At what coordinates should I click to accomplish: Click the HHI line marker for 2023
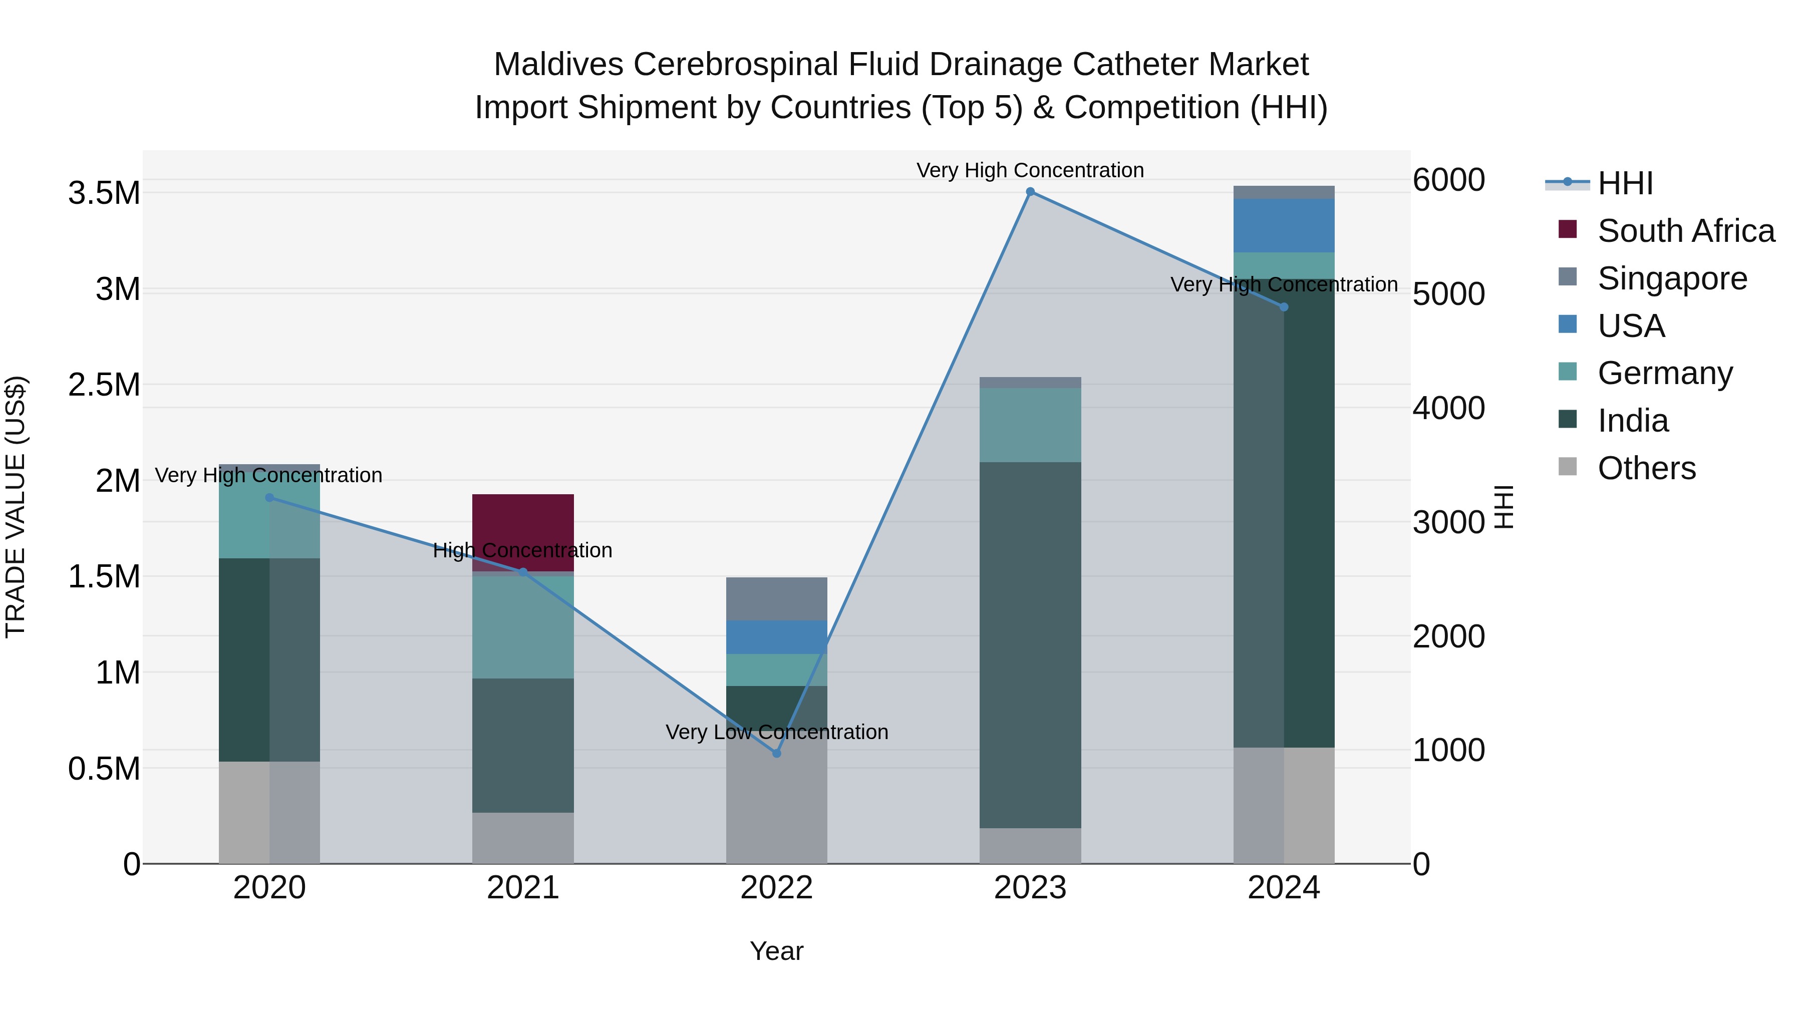pos(1030,192)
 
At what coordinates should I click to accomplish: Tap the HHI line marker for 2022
pos(776,754)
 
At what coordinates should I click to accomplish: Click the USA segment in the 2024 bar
pos(1284,225)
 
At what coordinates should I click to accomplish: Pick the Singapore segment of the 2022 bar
pos(776,599)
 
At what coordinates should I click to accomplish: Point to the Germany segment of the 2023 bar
pos(1030,425)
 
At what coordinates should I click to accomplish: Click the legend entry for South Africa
pos(1685,231)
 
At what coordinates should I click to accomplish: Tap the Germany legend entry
pos(1664,373)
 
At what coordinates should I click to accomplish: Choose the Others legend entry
pos(1646,468)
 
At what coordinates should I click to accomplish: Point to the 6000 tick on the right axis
pos(1448,180)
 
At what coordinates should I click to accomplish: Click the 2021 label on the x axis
pos(523,888)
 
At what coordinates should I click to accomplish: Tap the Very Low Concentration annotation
pos(776,732)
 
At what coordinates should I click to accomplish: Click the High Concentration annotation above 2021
pos(523,550)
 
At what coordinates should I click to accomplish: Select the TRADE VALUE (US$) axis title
pos(16,507)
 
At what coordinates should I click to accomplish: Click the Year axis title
pos(776,951)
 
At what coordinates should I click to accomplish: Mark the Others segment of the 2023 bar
pos(1030,845)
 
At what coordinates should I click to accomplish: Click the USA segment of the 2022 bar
pos(776,637)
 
